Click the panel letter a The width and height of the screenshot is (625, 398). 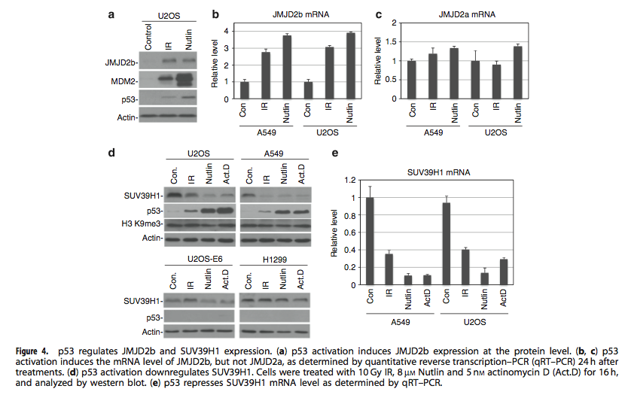pyautogui.click(x=112, y=14)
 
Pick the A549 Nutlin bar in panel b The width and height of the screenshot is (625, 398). pyautogui.click(x=287, y=66)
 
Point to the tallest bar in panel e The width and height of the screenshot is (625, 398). pyautogui.click(x=370, y=241)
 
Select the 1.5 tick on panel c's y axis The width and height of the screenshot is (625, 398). pyautogui.click(x=393, y=41)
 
